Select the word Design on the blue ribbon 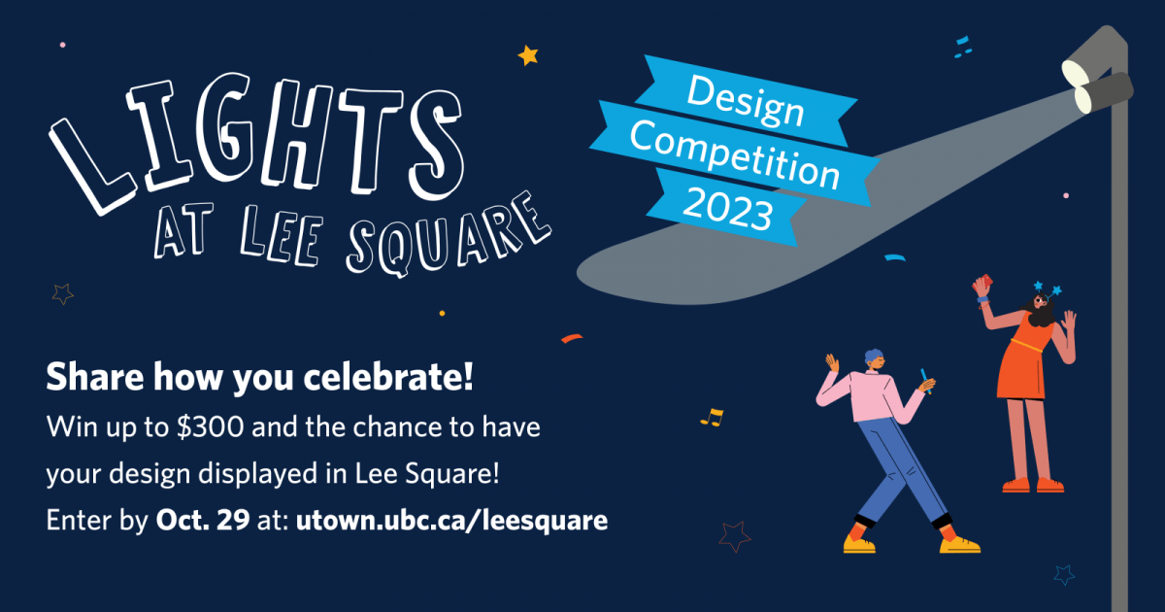coord(746,101)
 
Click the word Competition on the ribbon coord(734,154)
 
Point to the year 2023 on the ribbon coord(727,209)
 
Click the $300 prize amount coord(210,427)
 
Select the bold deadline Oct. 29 coord(203,520)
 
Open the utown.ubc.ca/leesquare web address coord(451,521)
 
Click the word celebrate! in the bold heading coord(388,377)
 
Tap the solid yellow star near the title coord(528,55)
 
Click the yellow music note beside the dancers coord(712,418)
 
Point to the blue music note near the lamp coord(963,47)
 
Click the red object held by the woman coord(982,282)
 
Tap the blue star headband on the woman coord(1047,289)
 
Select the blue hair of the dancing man coord(874,357)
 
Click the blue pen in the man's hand coord(926,381)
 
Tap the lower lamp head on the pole coord(1104,93)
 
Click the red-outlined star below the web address coord(735,536)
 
